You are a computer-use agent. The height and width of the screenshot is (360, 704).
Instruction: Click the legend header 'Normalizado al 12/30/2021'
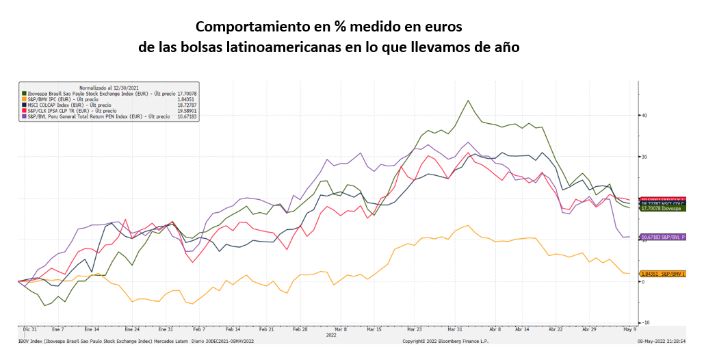click(109, 88)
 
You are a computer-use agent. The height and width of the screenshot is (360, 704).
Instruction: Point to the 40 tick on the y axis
click(644, 115)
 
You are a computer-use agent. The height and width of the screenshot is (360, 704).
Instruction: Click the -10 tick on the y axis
click(644, 322)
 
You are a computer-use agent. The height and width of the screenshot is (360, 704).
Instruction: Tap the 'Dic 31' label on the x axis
click(29, 330)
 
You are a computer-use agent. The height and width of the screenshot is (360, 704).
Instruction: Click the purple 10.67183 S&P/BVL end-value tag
click(662, 237)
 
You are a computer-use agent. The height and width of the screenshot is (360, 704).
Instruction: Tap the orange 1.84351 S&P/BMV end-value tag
click(662, 274)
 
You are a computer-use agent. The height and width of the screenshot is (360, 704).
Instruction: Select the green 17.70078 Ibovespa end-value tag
click(662, 208)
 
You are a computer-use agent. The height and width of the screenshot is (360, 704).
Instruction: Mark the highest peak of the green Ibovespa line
click(468, 101)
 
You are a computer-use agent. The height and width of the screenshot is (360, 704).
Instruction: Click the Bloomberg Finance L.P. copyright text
click(444, 340)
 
